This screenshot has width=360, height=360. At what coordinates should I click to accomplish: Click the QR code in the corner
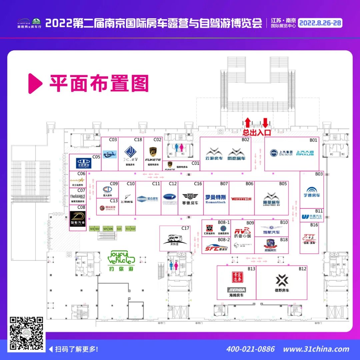point(26,333)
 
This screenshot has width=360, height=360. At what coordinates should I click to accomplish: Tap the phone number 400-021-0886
point(250,349)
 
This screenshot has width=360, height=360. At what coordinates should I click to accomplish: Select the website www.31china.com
point(316,349)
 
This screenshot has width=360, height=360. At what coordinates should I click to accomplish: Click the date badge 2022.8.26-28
point(320,23)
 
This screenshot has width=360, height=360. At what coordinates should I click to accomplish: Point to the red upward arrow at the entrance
point(248,122)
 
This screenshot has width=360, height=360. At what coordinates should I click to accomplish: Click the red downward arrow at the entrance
point(265,122)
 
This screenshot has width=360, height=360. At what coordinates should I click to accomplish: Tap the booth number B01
point(313,140)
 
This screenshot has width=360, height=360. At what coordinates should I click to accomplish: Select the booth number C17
point(185,228)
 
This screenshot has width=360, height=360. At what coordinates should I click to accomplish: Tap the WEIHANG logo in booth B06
point(241,199)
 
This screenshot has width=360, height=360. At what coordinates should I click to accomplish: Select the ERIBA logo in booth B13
point(236,290)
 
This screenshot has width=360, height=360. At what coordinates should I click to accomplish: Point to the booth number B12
point(302,269)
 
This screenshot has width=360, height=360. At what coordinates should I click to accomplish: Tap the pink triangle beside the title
point(35,83)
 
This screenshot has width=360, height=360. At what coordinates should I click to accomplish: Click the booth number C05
point(96,157)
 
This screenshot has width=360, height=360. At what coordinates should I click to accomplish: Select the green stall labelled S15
point(119,229)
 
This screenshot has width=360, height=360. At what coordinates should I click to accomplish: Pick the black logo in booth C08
point(78,218)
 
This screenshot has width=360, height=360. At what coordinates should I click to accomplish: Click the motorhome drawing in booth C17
point(176,239)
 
